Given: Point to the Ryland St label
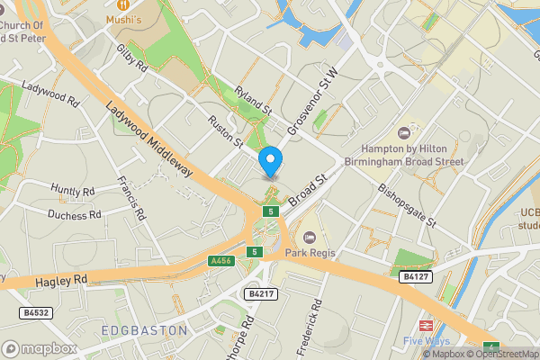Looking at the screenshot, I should [x=253, y=100].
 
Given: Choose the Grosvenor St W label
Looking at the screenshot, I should [x=311, y=102].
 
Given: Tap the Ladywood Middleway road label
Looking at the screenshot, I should [x=148, y=138].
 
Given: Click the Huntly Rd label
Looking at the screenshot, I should [x=73, y=191].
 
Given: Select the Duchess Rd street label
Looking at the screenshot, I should [x=75, y=215].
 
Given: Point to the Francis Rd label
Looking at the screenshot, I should [x=131, y=199].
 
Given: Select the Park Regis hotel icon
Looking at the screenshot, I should [x=310, y=238].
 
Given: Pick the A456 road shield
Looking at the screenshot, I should [x=220, y=261].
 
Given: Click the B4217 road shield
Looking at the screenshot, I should [x=258, y=293].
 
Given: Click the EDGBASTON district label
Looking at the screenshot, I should [x=144, y=330].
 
